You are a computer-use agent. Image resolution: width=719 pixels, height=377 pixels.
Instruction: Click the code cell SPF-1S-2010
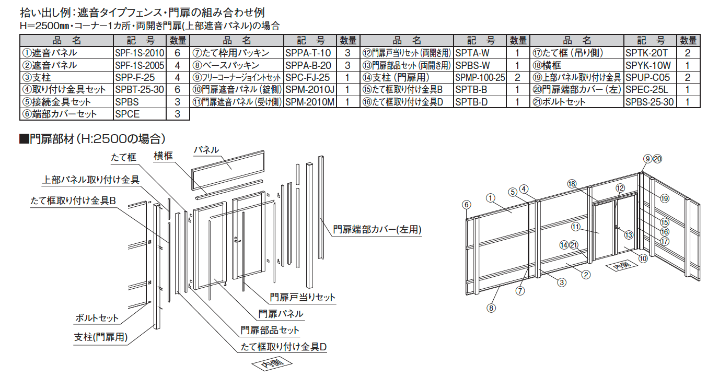[139, 53]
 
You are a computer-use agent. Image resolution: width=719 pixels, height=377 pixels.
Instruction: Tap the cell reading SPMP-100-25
[480, 77]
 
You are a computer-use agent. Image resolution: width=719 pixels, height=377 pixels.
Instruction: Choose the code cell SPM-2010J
[310, 89]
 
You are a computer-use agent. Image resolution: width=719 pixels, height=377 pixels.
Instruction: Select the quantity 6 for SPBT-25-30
[178, 89]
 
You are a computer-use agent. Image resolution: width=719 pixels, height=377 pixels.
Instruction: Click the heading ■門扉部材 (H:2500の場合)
[92, 138]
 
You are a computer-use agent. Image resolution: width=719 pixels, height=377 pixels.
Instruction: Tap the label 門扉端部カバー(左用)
[377, 229]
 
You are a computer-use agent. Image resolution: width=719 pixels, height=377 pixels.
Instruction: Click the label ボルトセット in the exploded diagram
[97, 317]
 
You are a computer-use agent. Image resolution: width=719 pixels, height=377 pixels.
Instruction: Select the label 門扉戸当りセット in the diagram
[303, 297]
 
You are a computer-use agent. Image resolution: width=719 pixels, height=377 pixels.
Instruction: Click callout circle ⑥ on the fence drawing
[467, 204]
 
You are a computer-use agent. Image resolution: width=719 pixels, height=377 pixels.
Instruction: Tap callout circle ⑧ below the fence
[491, 308]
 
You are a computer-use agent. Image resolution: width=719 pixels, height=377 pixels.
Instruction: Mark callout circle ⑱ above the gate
[572, 183]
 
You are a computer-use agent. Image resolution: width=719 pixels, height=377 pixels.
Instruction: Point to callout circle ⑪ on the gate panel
[575, 227]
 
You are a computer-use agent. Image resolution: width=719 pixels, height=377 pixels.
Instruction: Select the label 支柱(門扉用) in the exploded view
[101, 336]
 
